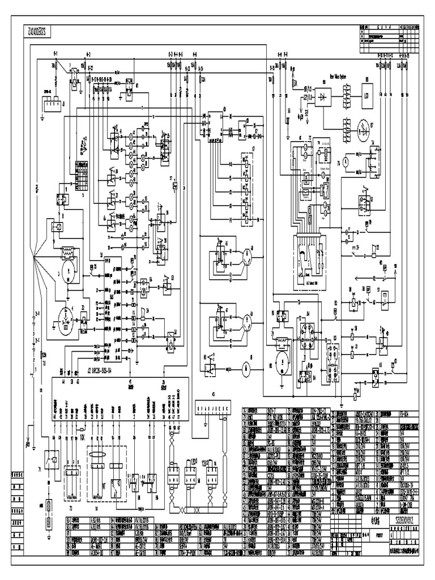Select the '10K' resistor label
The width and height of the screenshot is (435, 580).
[x=82, y=437]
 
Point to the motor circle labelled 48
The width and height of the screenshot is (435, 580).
[x=246, y=257]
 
